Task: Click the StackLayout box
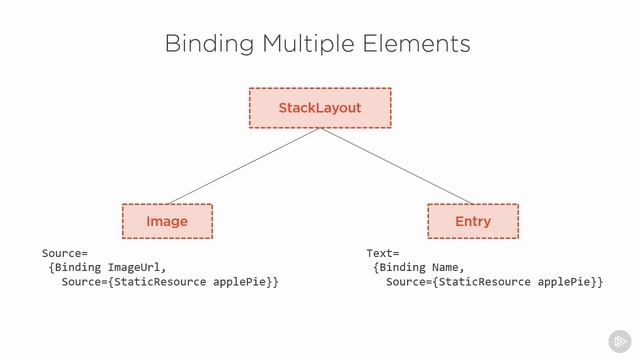pyautogui.click(x=319, y=108)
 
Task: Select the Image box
pyautogui.click(x=167, y=221)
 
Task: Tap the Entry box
pyautogui.click(x=472, y=221)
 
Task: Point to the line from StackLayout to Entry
pyautogui.click(x=396, y=165)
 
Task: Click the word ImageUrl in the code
pyautogui.click(x=135, y=268)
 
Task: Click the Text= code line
pyautogui.click(x=383, y=254)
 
